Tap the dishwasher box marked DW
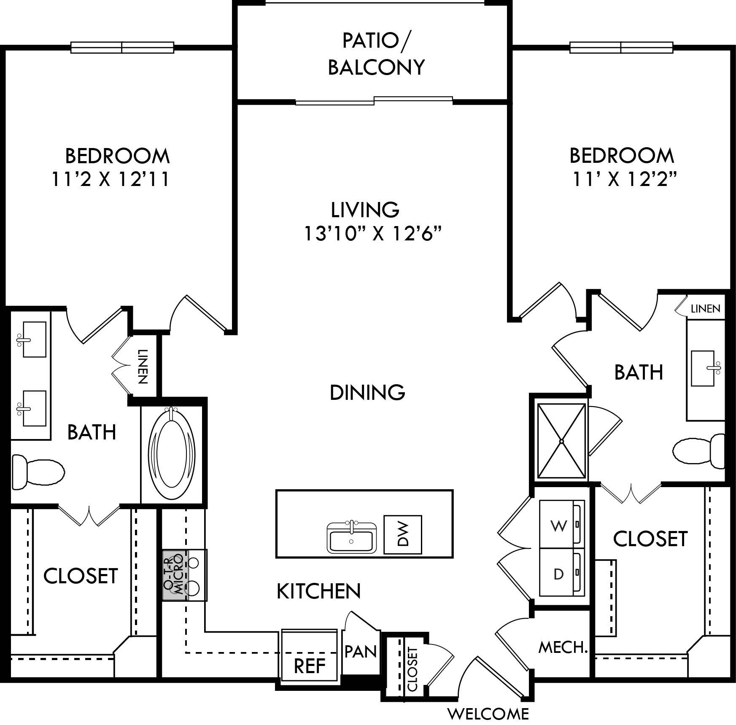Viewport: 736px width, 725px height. coord(402,534)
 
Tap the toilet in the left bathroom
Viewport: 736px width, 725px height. coord(37,469)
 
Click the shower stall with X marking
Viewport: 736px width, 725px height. coord(562,441)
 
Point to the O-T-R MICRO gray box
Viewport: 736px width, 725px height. coord(173,575)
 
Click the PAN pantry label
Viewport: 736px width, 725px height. coord(360,651)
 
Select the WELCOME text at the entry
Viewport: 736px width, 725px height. coord(488,714)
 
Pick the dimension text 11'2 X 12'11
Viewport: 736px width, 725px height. coord(111,179)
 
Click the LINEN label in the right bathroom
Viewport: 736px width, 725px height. coord(705,309)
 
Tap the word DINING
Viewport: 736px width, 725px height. coord(367,392)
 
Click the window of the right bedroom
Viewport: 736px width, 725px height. coord(621,48)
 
